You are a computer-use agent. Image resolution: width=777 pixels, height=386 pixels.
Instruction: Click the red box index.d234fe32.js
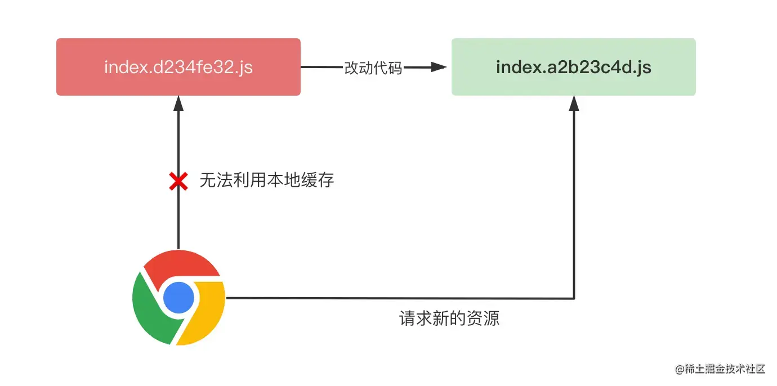pos(178,67)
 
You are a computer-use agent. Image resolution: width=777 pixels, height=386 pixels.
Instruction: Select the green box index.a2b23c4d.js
pos(573,67)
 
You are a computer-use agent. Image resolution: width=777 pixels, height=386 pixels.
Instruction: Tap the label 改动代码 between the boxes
pos(373,68)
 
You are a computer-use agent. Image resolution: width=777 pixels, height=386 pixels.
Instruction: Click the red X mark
pos(178,181)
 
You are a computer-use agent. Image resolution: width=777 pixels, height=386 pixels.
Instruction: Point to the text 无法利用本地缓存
pos(267,180)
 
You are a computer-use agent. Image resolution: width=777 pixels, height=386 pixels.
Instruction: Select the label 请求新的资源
pos(449,318)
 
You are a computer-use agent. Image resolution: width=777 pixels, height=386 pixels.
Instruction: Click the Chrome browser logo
pos(178,298)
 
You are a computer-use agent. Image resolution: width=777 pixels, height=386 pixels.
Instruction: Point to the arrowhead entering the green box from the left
pos(440,68)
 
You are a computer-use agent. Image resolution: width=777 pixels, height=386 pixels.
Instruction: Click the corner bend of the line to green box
pos(574,298)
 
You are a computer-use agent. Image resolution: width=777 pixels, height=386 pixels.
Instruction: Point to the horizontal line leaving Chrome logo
pos(394,298)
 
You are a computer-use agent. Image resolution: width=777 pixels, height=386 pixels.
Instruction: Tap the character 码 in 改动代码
pos(395,68)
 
